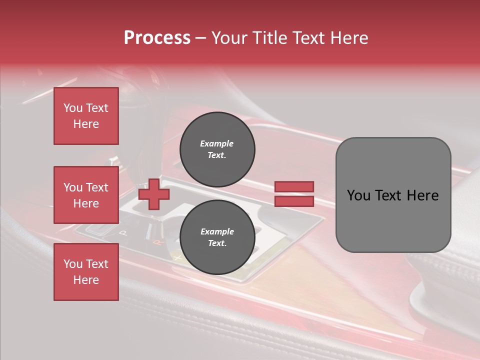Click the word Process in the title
point(157,38)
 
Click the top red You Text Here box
point(86,116)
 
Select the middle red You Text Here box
point(86,195)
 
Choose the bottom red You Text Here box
point(86,271)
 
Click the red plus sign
point(153,194)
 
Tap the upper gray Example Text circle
point(217,149)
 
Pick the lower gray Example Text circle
point(217,237)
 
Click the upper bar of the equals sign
point(294,186)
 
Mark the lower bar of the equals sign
point(294,201)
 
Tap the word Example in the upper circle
point(217,143)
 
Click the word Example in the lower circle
point(217,231)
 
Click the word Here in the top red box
point(86,124)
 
